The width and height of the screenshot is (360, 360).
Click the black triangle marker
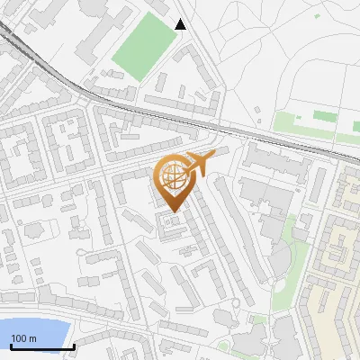click(x=181, y=24)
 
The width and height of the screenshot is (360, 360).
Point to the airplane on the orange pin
click(x=197, y=164)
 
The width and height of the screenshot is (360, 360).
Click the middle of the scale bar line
click(x=42, y=346)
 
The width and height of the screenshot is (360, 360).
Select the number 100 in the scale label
click(x=19, y=338)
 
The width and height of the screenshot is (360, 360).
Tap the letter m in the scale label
click(x=31, y=338)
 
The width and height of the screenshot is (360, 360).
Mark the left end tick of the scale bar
click(x=10, y=346)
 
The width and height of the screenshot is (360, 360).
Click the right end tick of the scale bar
click(x=75, y=346)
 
